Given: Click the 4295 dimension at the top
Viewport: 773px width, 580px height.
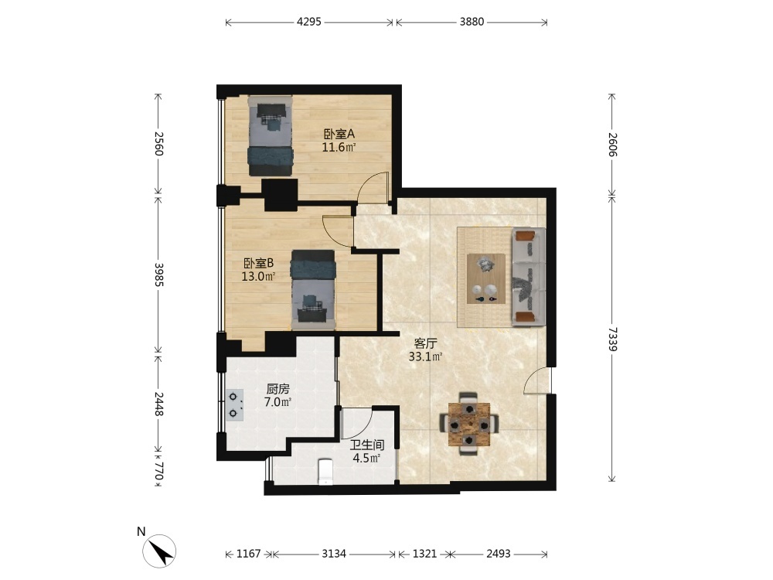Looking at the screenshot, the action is (x=309, y=22).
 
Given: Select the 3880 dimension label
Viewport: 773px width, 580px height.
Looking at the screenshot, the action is (x=472, y=22).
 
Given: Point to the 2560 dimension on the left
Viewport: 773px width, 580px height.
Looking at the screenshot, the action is (x=158, y=143).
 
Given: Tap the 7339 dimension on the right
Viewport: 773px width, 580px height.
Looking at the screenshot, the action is (x=611, y=339).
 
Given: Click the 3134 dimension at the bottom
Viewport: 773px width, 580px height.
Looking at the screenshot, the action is (x=334, y=554).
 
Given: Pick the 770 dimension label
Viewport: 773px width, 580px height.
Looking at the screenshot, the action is (x=158, y=471).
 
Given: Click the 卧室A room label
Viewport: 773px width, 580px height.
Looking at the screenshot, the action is (x=339, y=134).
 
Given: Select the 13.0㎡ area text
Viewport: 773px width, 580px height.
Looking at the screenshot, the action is (x=258, y=276).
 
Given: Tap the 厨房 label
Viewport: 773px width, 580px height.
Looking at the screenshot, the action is (x=278, y=389).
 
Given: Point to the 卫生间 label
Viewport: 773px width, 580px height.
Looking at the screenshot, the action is (x=366, y=445).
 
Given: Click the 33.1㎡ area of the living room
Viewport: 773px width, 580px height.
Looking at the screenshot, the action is (x=425, y=356).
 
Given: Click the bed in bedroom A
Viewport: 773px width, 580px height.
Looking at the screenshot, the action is (x=270, y=135).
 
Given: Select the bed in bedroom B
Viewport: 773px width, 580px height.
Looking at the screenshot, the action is (x=313, y=289).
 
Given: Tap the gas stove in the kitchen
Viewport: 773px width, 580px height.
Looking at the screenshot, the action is (x=235, y=405).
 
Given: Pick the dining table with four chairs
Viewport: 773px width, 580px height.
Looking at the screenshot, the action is (x=469, y=424).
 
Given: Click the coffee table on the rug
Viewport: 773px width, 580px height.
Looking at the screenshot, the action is (x=485, y=278).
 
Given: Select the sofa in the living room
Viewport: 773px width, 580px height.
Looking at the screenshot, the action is (x=529, y=277).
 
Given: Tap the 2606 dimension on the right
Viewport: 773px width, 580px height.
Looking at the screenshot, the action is (x=611, y=145).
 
